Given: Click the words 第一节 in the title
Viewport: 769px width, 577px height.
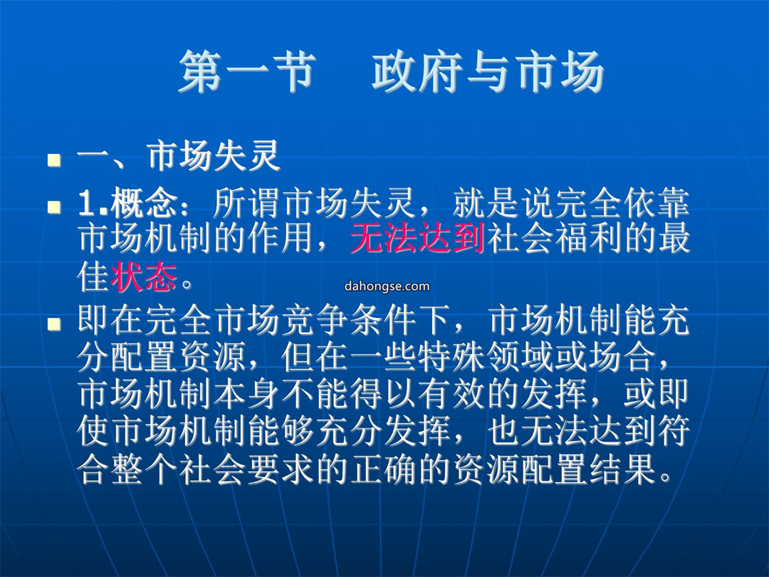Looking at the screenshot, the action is tap(246, 72).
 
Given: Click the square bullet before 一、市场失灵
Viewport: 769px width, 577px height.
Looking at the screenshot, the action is tap(54, 160).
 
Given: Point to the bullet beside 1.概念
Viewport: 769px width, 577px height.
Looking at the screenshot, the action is tap(54, 207).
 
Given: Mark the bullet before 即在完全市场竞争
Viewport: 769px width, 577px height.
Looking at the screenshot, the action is tap(54, 323).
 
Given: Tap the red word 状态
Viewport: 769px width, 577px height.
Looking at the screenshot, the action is tap(144, 276).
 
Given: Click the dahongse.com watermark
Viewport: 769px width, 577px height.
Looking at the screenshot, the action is tap(387, 286).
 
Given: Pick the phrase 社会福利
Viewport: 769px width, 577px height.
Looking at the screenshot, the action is tap(553, 239).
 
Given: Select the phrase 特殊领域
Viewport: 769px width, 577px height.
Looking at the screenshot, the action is tap(486, 357).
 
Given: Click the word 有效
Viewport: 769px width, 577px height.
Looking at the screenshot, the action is tap(452, 394).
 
